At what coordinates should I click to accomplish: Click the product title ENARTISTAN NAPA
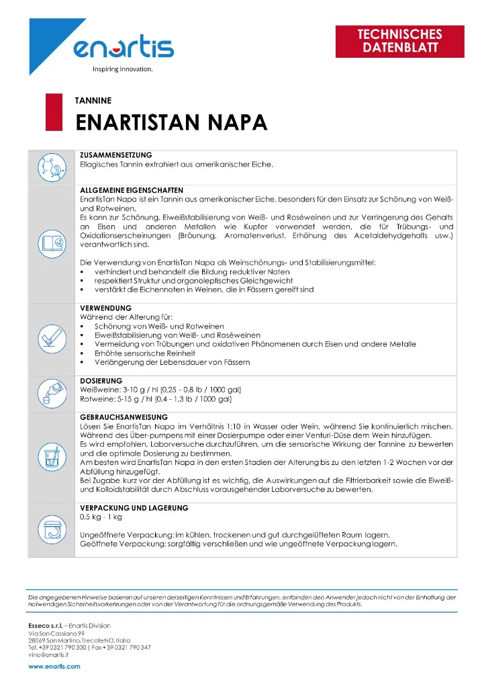pos(171,123)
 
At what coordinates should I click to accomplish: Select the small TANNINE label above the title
pos(93,101)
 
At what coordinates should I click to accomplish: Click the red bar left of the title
pos(49,113)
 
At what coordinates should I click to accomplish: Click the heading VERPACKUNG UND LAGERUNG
pos(134,508)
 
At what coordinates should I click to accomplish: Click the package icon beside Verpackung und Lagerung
pos(52,529)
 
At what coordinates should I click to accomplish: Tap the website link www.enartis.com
pos(54,666)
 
